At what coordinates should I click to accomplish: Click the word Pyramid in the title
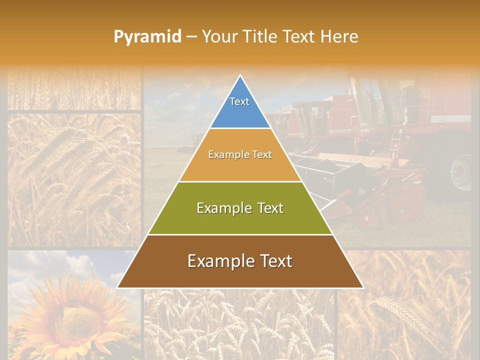(147, 37)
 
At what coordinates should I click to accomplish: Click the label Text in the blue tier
(239, 101)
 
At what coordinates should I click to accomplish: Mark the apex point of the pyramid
(240, 75)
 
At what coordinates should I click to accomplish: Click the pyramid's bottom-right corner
(363, 287)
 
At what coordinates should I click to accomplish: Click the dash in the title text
(191, 37)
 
